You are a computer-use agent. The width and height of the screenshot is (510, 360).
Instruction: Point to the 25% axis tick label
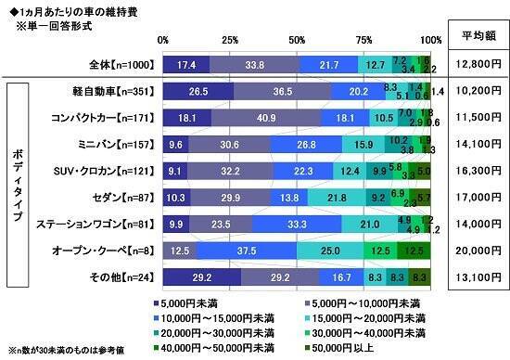[230, 40]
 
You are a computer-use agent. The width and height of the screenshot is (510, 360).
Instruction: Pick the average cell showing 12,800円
[474, 64]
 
